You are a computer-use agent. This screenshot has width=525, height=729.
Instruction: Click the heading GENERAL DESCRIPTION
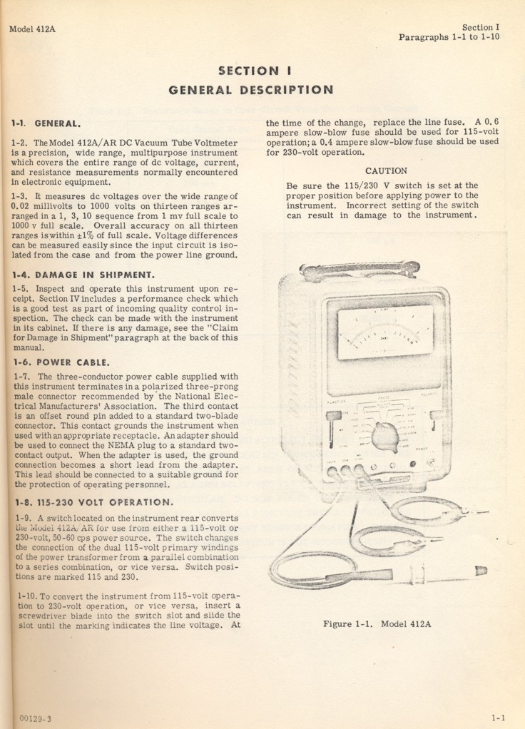(x=250, y=90)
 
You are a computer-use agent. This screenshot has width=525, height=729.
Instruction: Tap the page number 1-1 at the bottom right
(x=498, y=718)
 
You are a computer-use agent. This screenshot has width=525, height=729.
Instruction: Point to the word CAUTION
(x=386, y=171)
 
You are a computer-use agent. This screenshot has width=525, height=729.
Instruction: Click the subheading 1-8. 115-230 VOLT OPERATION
(x=92, y=501)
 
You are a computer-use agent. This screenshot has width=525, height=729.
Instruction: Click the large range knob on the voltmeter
(x=385, y=436)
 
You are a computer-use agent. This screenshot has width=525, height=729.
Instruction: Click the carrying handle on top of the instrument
(x=359, y=272)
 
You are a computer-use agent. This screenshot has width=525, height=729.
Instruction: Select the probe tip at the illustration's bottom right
(x=479, y=570)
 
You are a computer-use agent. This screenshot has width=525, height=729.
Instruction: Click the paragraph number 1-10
(x=26, y=595)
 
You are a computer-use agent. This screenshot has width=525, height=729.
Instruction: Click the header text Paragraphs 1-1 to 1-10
(x=449, y=38)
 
